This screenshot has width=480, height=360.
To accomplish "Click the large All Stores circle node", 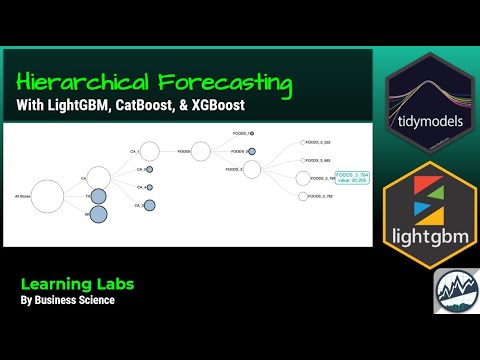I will pyautogui.click(x=47, y=195).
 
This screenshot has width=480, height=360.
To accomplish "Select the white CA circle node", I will pyautogui.click(x=98, y=179).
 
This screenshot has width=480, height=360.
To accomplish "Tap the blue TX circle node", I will pyautogui.click(x=98, y=196).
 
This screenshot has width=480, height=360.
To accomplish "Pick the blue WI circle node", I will pyautogui.click(x=98, y=214).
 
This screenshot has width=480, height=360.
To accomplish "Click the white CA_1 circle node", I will pyautogui.click(x=149, y=151).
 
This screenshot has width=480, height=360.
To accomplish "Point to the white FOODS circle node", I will pyautogui.click(x=200, y=151).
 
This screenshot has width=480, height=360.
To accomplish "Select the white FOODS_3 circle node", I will pyautogui.click(x=252, y=170).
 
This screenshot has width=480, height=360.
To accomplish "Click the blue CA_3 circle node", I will pyautogui.click(x=149, y=205).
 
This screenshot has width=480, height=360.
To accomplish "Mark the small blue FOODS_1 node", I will pyautogui.click(x=252, y=133).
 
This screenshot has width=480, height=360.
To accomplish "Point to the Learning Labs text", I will pyautogui.click(x=79, y=283).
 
